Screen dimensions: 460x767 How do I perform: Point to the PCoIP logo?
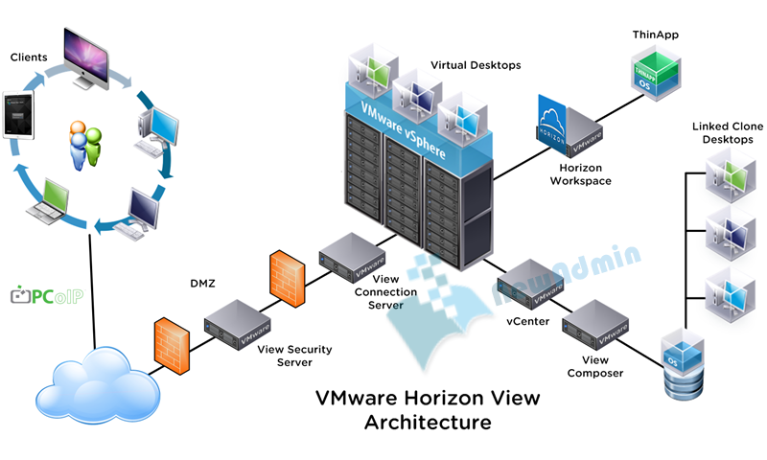click(47, 296)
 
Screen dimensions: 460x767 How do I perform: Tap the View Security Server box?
click(231, 322)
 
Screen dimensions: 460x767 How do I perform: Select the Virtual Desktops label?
click(476, 65)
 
